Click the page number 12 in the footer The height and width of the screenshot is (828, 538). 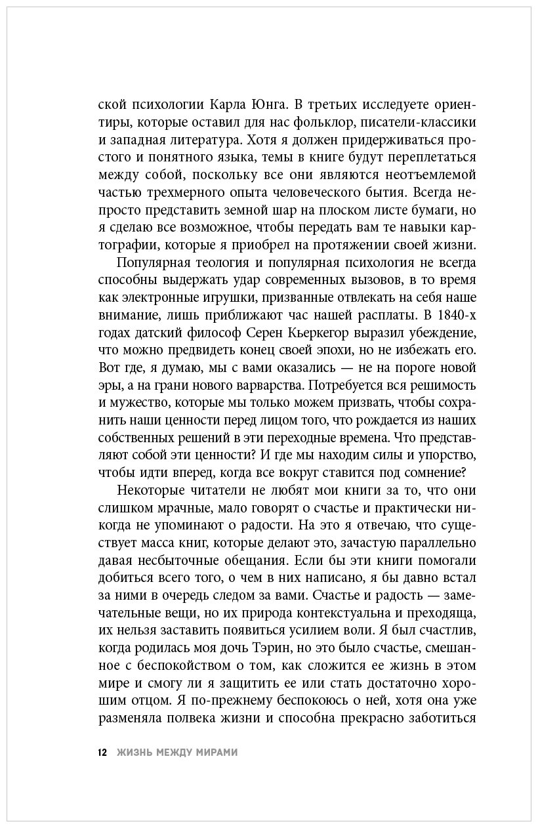click(x=102, y=753)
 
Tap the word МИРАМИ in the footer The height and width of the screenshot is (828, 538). click(x=216, y=753)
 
